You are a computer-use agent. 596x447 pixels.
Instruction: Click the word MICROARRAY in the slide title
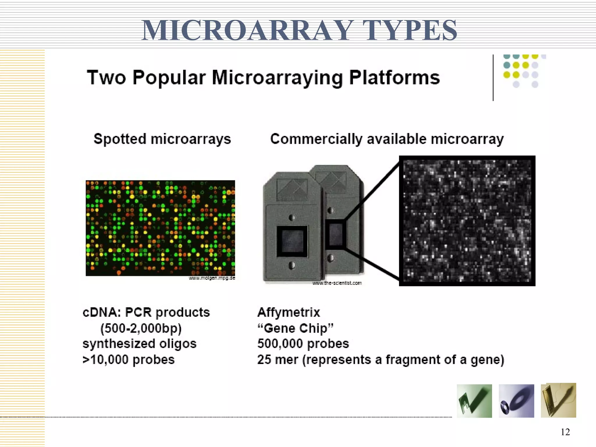click(246, 30)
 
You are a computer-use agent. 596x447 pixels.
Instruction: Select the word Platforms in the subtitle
click(394, 78)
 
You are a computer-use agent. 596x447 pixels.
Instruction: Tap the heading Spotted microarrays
click(162, 139)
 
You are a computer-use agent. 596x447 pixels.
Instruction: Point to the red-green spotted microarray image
click(160, 228)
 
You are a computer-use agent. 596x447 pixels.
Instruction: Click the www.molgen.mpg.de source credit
click(212, 278)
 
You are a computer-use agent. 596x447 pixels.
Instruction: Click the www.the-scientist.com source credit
click(337, 283)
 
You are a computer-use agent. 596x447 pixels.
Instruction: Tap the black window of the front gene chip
click(292, 241)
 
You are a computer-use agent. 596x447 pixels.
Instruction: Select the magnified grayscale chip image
click(467, 221)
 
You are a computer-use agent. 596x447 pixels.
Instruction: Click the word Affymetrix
click(288, 313)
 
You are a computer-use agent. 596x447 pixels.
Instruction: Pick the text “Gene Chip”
click(295, 328)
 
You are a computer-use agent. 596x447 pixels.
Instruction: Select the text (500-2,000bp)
click(141, 328)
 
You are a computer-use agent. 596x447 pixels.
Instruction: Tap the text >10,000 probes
click(128, 360)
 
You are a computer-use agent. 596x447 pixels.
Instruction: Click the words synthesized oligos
click(139, 344)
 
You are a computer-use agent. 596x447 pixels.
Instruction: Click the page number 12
click(565, 432)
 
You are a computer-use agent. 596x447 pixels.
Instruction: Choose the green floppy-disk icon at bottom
click(474, 401)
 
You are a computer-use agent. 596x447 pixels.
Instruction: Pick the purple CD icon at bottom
click(516, 401)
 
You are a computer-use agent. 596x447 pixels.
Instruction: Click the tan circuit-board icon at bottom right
click(558, 400)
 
